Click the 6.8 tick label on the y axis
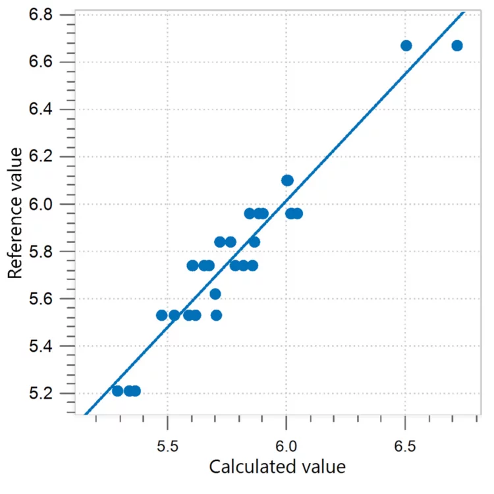tap(42, 14)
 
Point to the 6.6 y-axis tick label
tap(42, 62)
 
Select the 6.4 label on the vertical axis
tap(42, 109)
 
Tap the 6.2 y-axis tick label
tap(42, 157)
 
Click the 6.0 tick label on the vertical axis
tap(42, 204)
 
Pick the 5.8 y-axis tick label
tap(42, 252)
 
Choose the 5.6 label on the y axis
tap(42, 299)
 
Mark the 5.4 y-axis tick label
tap(42, 346)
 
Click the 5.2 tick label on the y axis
tap(42, 394)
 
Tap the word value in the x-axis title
tap(321, 468)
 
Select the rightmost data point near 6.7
tap(457, 45)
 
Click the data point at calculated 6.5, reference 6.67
tap(406, 45)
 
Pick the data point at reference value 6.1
tap(287, 180)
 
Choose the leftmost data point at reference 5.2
tap(117, 391)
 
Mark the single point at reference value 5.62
tap(215, 294)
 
